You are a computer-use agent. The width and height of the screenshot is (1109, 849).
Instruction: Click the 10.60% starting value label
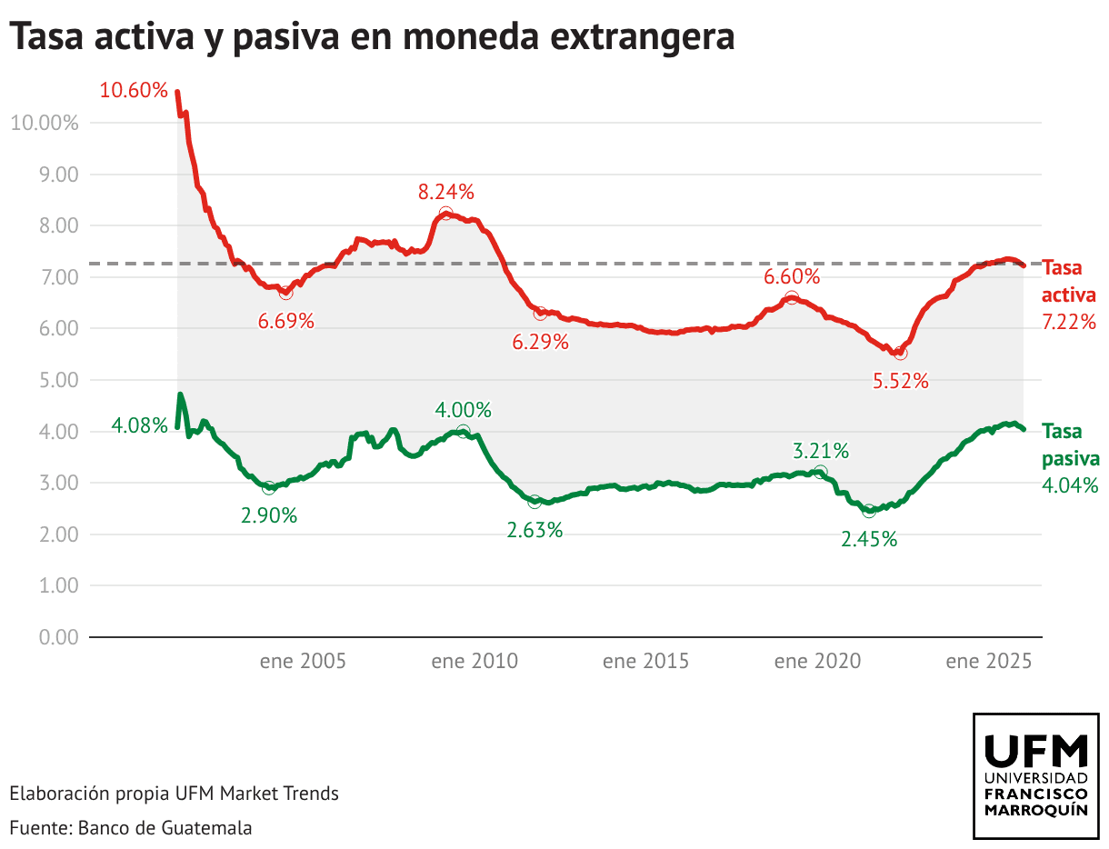(x=134, y=91)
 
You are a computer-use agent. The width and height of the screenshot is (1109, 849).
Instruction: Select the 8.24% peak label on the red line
(x=446, y=192)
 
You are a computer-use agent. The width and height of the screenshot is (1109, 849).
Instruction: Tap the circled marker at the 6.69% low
(x=286, y=293)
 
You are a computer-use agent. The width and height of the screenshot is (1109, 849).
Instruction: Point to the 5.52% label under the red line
(x=901, y=382)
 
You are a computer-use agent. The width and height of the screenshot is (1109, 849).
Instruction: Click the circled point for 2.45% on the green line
(x=869, y=511)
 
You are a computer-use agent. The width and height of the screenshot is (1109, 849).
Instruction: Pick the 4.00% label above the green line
(x=463, y=410)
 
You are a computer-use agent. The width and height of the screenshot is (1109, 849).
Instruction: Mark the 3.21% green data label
(x=821, y=451)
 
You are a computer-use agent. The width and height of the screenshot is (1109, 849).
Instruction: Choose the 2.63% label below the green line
(x=535, y=531)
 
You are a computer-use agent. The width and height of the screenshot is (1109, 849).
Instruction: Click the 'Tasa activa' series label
(x=1069, y=282)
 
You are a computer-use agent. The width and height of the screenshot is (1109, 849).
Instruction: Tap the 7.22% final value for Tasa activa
(x=1070, y=322)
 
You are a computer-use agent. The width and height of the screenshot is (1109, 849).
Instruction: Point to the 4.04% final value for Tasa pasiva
(x=1070, y=485)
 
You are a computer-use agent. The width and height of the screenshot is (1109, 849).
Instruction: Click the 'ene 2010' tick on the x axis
(x=475, y=661)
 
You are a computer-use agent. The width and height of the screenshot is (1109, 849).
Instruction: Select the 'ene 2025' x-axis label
(x=988, y=661)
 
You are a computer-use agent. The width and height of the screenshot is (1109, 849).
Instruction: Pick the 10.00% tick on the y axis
(x=45, y=123)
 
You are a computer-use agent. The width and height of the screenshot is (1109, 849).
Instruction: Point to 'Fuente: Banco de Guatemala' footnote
(x=131, y=828)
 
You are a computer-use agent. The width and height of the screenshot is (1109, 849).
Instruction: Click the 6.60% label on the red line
(x=792, y=276)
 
